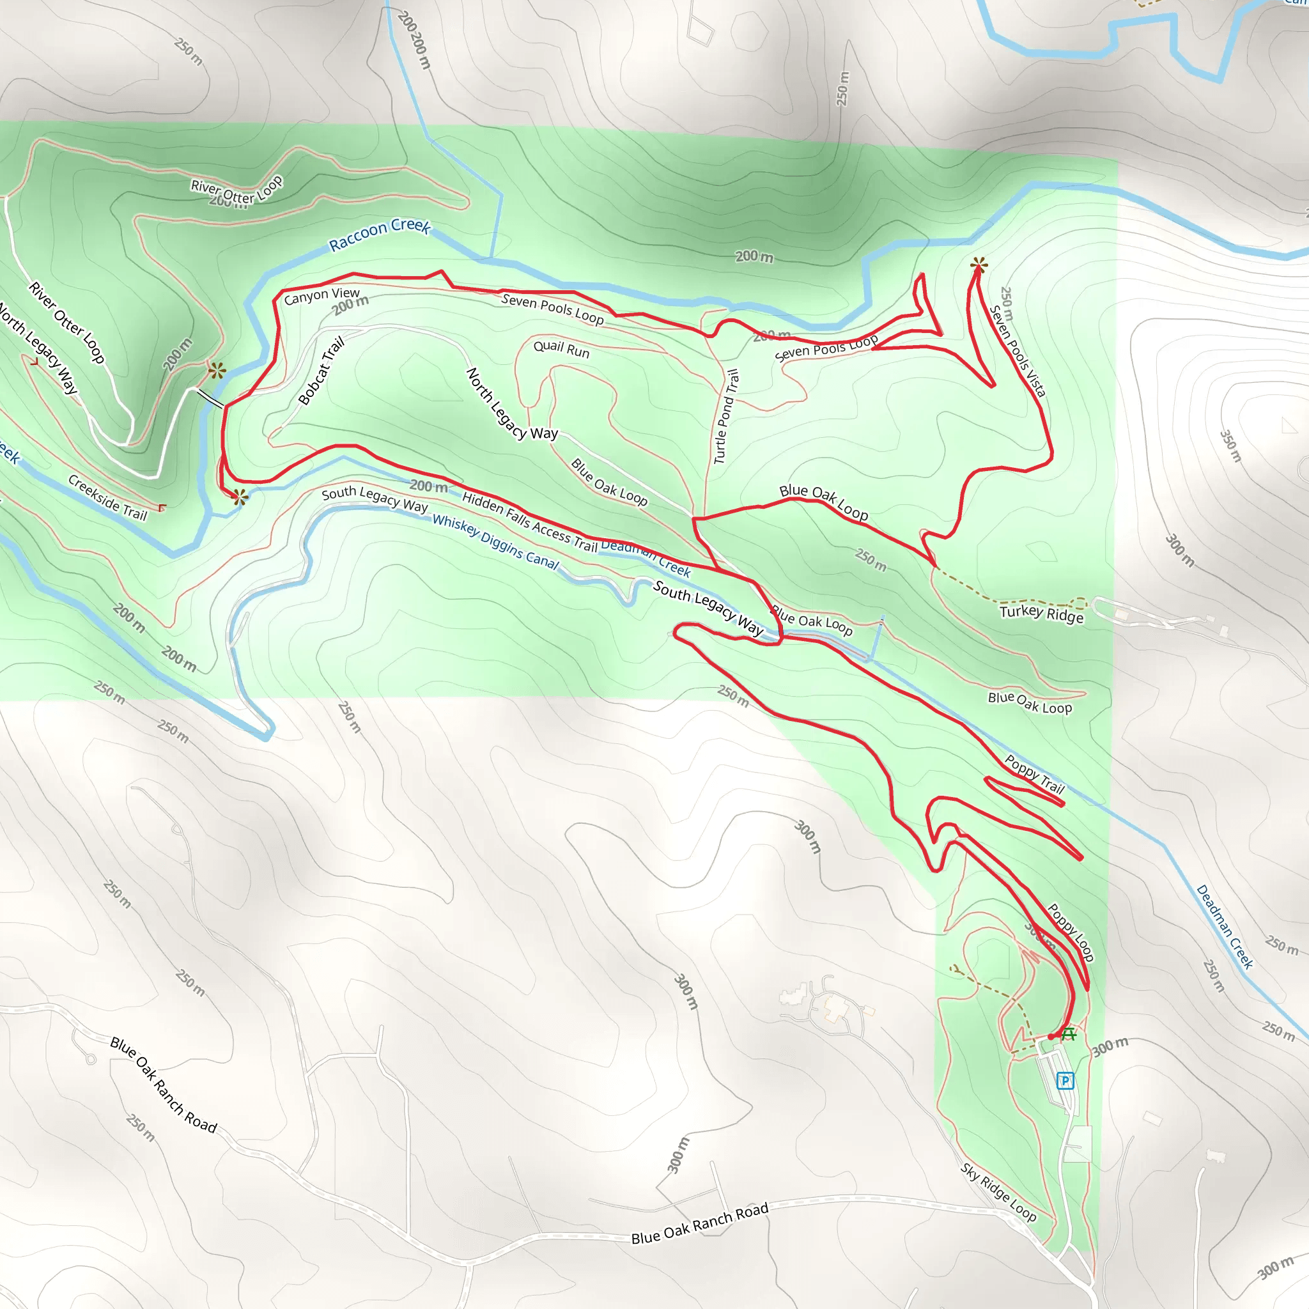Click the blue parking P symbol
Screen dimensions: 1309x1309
tap(1065, 1081)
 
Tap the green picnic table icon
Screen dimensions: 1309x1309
tap(1069, 1035)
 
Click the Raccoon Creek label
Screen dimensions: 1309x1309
tap(380, 234)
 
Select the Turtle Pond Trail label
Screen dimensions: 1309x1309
tap(725, 416)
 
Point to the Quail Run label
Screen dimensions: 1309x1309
tap(561, 350)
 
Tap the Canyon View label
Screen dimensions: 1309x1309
tap(322, 296)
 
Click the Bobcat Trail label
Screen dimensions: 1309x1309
tap(321, 371)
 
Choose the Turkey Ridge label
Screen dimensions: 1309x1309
tap(1041, 614)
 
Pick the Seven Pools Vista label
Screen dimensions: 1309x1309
tap(1018, 351)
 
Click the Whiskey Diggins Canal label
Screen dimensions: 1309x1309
tap(496, 541)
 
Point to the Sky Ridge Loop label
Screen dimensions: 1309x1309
tap(998, 1193)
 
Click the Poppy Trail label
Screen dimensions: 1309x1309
tap(1035, 775)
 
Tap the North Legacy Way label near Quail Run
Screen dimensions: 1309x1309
tap(511, 405)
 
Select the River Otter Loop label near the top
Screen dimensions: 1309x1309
tap(236, 190)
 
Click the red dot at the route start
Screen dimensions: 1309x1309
tap(1051, 1037)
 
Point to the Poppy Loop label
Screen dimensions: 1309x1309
tap(1071, 933)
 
